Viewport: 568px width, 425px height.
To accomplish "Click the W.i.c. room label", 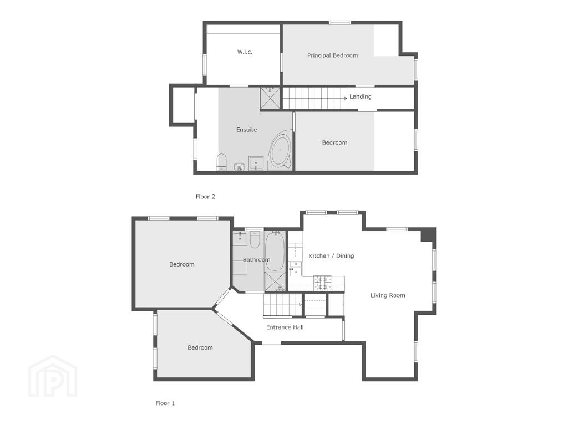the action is pos(245,52).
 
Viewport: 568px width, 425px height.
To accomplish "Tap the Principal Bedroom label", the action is pos(333,55).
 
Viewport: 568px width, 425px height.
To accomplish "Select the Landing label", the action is pos(361,96).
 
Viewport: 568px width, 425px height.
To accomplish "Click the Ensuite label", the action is pos(247,130).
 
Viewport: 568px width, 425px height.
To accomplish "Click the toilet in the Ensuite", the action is pos(221,162).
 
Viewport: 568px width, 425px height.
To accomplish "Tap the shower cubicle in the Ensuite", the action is pos(270,98).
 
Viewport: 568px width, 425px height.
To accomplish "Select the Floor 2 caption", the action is pos(205,197).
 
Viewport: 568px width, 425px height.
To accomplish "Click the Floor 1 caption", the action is pos(165,403).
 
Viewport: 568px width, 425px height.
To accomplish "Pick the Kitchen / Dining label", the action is pos(331,256).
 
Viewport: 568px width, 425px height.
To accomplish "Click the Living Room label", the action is pos(388,295).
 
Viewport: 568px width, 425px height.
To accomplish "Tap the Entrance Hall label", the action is pos(285,327).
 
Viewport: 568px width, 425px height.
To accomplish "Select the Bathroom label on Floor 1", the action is pos(256,259).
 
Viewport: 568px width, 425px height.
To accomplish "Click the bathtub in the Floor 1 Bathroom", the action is pos(275,251).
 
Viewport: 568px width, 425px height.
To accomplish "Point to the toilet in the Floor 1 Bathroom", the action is pos(255,239).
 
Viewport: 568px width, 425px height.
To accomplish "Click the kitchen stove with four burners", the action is pos(322,283).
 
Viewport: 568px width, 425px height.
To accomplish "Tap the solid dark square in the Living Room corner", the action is pos(428,234).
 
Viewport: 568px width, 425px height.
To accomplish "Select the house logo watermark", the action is pos(53,376).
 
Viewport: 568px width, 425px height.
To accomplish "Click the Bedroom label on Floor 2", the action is pos(334,142).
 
